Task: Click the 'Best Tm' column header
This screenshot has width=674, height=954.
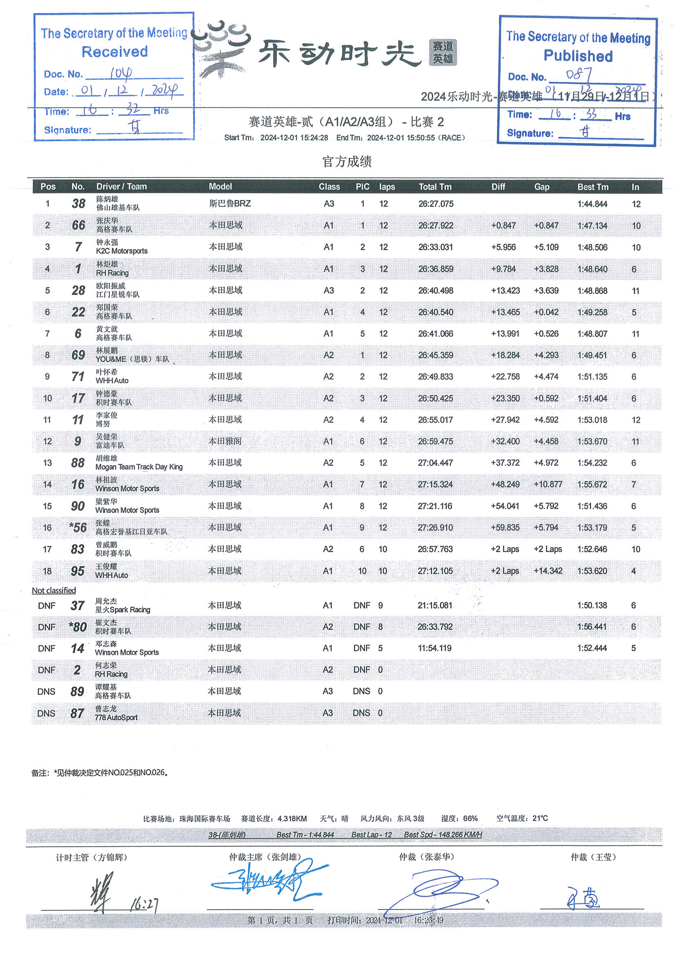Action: click(592, 187)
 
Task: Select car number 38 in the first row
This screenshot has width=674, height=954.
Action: click(78, 204)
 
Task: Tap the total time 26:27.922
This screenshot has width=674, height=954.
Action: click(435, 226)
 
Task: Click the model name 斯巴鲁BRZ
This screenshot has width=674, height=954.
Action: click(230, 204)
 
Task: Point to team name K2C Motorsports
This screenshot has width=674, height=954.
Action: click(122, 251)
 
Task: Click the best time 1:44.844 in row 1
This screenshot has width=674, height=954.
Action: click(592, 204)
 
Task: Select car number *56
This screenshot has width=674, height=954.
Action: click(78, 528)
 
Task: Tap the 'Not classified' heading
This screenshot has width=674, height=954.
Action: click(54, 590)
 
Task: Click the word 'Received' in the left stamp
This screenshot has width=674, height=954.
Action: click(115, 52)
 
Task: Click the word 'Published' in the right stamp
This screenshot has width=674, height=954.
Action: click(578, 56)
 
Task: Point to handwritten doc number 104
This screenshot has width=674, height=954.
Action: click(121, 73)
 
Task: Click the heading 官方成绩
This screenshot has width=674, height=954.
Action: click(347, 162)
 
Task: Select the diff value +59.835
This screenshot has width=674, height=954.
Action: click(505, 528)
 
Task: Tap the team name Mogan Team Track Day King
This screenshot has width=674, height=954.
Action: click(139, 467)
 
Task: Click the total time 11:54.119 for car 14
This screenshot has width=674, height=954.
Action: click(434, 648)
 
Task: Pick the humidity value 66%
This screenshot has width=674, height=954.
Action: click(470, 818)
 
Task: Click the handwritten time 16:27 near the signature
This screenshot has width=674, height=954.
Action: click(144, 904)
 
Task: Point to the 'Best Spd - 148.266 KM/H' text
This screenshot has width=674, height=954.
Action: click(443, 834)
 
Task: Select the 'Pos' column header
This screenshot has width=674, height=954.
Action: click(48, 186)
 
